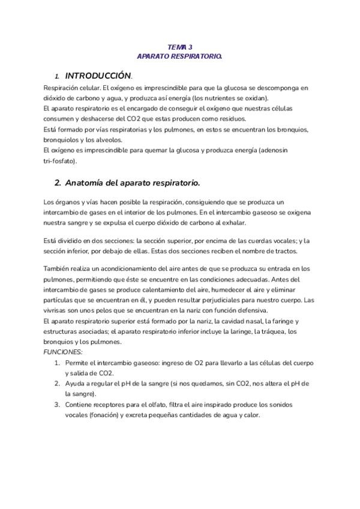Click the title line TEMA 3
point(179,47)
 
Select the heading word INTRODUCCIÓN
point(97,76)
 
